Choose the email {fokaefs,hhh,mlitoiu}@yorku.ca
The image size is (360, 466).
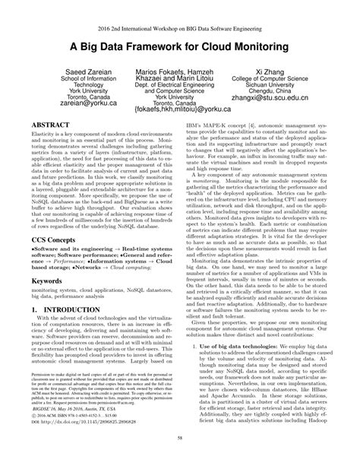(180, 130)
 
